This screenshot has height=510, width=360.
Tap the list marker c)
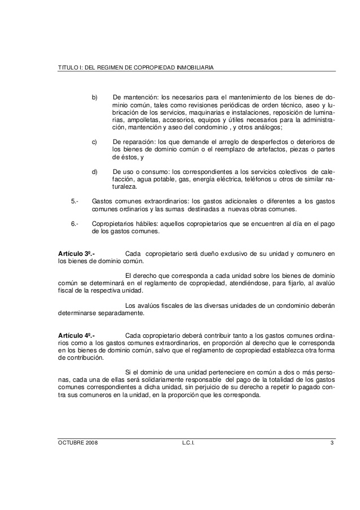pos(95,141)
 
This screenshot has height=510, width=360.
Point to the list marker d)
pos(95,171)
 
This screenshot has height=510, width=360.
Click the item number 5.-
pos(74,201)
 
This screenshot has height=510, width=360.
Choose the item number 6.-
pos(74,224)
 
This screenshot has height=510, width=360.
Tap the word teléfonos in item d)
pos(254,178)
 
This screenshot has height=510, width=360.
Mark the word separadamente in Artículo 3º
pos(117,313)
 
